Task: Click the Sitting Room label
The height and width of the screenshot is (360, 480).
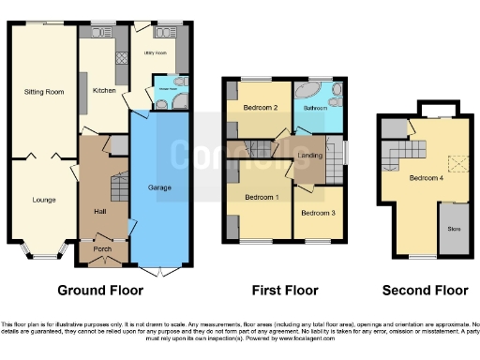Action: pyautogui.click(x=43, y=92)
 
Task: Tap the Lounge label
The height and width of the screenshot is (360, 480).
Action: pyautogui.click(x=43, y=200)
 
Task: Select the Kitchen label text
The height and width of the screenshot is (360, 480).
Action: pyautogui.click(x=103, y=90)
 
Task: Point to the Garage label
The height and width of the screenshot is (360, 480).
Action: pyautogui.click(x=159, y=187)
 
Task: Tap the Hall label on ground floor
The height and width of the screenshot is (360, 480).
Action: pyautogui.click(x=99, y=212)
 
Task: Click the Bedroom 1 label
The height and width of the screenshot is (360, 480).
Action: pyautogui.click(x=262, y=198)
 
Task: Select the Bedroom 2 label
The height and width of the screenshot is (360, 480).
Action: pyautogui.click(x=261, y=108)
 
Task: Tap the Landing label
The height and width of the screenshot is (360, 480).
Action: pyautogui.click(x=309, y=156)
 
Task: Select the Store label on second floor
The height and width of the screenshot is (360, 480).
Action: pyautogui.click(x=453, y=227)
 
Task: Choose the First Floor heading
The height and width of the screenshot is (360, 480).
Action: pyautogui.click(x=284, y=291)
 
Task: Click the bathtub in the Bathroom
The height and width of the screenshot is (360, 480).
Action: pyautogui.click(x=307, y=93)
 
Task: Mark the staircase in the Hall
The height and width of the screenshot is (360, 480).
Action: pyautogui.click(x=118, y=188)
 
